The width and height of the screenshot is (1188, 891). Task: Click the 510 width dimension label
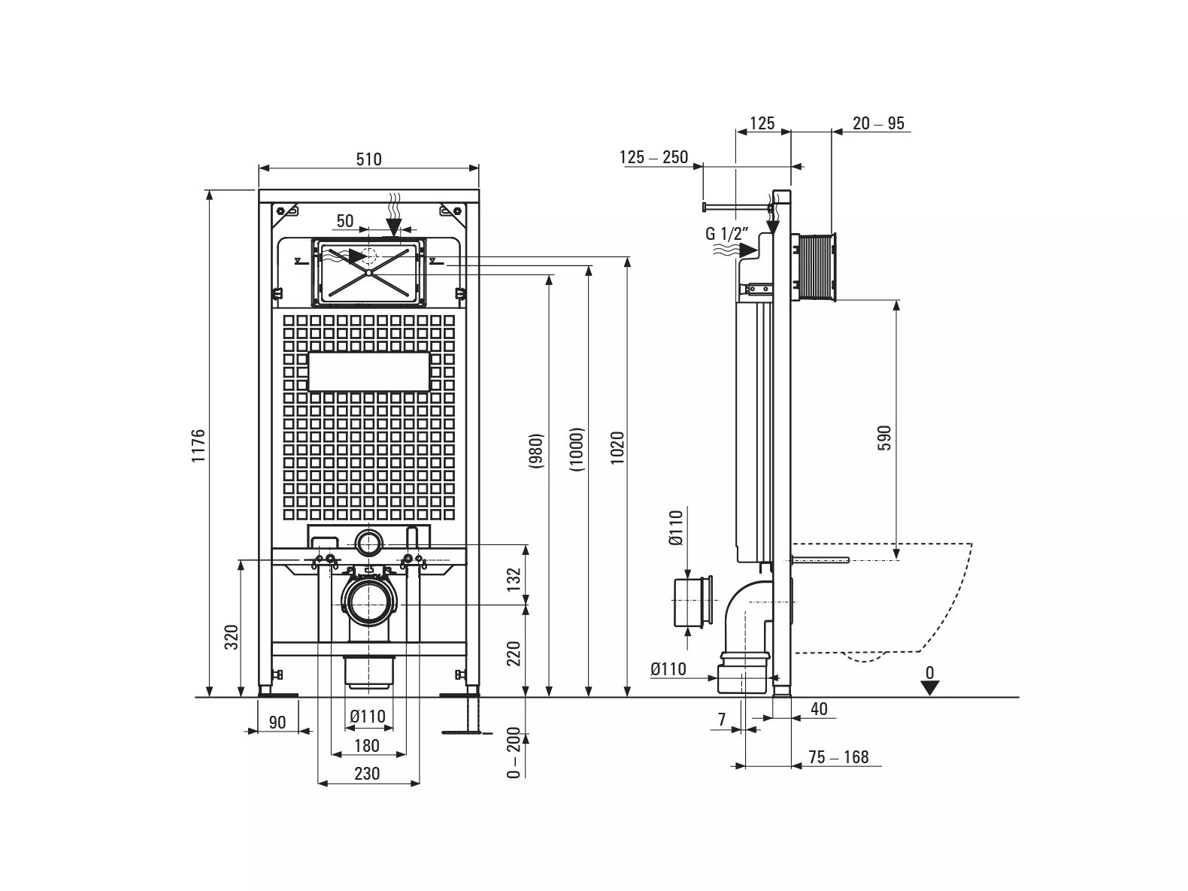[x=368, y=159]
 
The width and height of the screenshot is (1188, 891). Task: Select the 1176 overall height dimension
[x=199, y=445]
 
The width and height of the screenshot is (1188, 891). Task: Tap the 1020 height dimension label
[x=617, y=447]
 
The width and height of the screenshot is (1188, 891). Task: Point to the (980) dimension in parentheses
[x=536, y=450]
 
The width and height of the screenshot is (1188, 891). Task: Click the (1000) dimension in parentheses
[x=577, y=450]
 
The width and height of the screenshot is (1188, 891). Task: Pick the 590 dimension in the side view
[x=883, y=438]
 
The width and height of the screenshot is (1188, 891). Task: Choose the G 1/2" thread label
[x=727, y=234]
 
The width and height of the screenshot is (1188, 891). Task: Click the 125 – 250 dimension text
[x=654, y=157]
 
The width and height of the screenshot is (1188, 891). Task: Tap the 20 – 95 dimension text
[x=878, y=123]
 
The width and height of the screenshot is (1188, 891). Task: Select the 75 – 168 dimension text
[x=838, y=757]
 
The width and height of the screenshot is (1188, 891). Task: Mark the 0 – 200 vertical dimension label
[x=514, y=753]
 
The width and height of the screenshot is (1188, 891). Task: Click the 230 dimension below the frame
[x=367, y=774]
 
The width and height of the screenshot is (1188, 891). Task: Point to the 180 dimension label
[x=366, y=745]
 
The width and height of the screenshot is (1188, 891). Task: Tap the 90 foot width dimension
[x=277, y=723]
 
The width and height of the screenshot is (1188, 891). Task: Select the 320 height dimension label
[x=231, y=638]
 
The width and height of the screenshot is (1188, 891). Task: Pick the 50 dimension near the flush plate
[x=345, y=221]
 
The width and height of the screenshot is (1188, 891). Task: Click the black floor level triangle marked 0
[x=930, y=688]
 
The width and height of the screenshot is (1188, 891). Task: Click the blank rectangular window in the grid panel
[x=368, y=371]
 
